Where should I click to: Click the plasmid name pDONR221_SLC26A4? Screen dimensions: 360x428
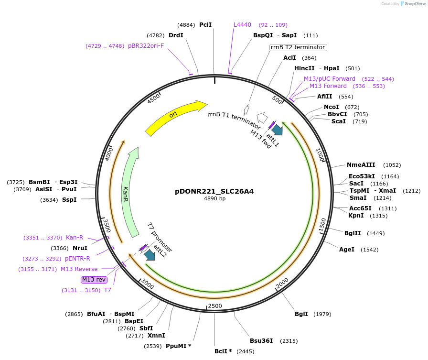click(214, 191)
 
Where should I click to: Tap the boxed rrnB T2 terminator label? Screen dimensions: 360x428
click(298, 47)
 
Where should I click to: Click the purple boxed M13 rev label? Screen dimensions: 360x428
click(94, 280)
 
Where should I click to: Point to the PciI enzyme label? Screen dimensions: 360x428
click(205, 25)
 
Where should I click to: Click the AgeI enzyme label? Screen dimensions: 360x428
click(347, 250)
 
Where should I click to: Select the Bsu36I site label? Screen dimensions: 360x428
click(261, 341)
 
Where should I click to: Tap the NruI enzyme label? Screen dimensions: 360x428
click(80, 248)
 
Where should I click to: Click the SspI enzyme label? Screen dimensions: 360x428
click(69, 200)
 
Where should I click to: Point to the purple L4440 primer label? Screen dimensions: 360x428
click(242, 25)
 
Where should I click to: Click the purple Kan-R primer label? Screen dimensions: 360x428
click(75, 238)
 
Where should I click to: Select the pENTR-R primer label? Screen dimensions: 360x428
click(77, 259)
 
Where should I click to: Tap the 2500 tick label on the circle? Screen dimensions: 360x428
click(215, 306)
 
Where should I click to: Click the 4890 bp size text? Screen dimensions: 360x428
click(214, 199)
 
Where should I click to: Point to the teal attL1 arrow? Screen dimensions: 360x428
click(277, 129)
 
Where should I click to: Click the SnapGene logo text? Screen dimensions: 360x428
click(413, 4)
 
